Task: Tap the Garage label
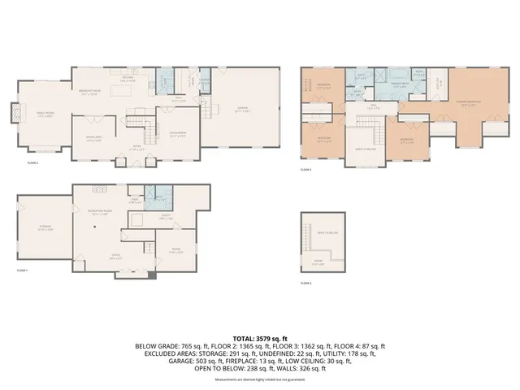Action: tap(242, 110)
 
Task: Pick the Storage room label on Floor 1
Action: tap(45, 228)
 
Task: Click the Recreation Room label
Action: tap(100, 214)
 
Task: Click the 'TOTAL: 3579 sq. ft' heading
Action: tap(259, 336)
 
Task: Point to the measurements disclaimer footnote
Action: tap(259, 379)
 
